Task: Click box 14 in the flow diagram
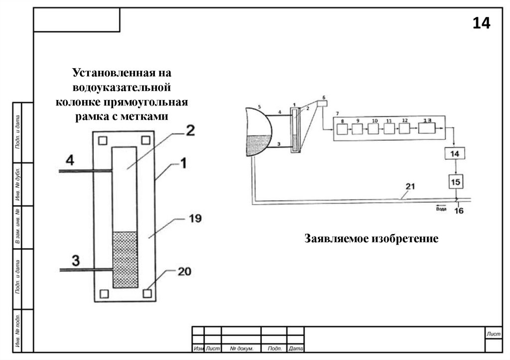point(454,154)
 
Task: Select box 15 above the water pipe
point(455,182)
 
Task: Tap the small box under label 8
point(342,129)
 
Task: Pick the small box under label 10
point(374,129)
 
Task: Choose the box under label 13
point(426,129)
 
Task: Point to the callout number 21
point(410,187)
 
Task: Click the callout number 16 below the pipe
point(459,211)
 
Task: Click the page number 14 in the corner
point(481,23)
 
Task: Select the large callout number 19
point(195,218)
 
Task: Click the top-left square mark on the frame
point(102,140)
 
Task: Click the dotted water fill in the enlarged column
point(125,259)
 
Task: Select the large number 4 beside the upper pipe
point(70,161)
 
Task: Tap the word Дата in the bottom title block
point(296,349)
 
